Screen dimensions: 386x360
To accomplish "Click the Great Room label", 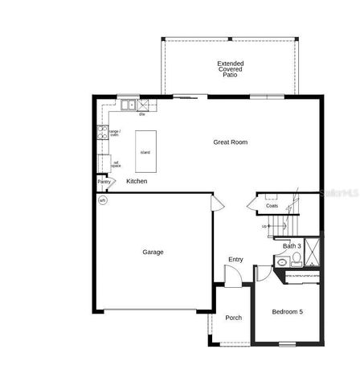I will click(230, 142).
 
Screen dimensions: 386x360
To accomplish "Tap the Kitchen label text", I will click(137, 182).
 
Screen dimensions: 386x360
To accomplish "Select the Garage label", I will click(153, 252).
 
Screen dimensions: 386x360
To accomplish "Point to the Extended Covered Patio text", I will click(231, 69).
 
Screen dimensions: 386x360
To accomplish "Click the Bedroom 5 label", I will click(287, 311).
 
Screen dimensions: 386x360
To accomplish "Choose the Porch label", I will click(233, 318).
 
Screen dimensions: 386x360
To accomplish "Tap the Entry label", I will click(235, 259).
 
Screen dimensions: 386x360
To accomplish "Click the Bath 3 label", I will click(292, 245).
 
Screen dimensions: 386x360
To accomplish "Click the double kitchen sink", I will click(129, 105).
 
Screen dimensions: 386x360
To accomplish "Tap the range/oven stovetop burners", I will click(102, 133).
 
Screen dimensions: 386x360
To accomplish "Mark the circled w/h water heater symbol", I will click(102, 200).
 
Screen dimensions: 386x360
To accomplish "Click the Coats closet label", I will click(272, 207).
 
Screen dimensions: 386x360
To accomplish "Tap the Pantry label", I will click(104, 182).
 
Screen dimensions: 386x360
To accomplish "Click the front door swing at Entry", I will click(231, 278).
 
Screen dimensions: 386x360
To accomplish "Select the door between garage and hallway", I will click(215, 201).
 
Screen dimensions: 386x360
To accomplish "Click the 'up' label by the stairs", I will click(264, 226).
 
